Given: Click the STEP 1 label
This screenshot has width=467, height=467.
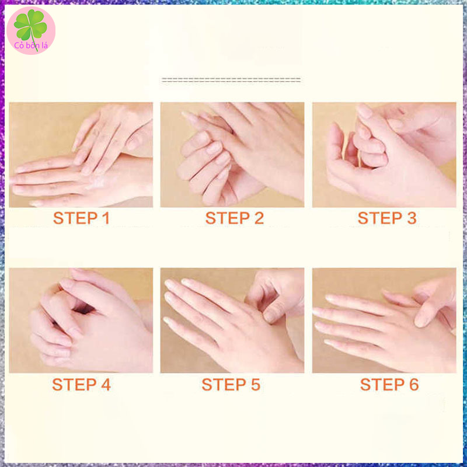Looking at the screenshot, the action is (x=81, y=218).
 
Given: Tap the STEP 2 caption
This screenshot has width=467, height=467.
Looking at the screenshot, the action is (x=235, y=218).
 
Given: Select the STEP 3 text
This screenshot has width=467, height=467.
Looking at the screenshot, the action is (x=387, y=218).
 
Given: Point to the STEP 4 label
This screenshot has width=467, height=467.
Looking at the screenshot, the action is (x=81, y=384).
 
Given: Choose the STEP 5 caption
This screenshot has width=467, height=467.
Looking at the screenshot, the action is (x=231, y=384).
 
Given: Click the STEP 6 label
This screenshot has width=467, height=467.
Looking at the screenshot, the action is (x=389, y=384).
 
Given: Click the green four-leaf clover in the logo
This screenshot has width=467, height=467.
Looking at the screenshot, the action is (x=30, y=25).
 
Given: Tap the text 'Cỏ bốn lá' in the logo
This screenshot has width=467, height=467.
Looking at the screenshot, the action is (x=31, y=46).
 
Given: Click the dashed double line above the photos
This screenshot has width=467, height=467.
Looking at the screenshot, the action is (x=231, y=80).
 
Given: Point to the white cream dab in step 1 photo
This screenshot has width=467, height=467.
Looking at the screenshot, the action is (x=97, y=182).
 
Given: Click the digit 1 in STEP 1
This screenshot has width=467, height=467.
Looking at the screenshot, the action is (x=106, y=218).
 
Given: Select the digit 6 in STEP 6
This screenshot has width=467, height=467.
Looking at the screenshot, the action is (x=414, y=384).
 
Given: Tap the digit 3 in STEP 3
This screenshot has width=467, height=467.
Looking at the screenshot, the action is (x=412, y=218).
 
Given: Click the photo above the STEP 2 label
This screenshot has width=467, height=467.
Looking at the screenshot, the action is (x=232, y=155).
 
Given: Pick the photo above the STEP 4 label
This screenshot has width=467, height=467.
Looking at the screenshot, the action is (x=81, y=320).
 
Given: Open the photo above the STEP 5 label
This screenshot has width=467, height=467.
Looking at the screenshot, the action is (x=232, y=320).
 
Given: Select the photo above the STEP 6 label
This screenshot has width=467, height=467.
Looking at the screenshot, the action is (x=384, y=320).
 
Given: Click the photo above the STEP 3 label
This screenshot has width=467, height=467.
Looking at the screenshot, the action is (x=384, y=155).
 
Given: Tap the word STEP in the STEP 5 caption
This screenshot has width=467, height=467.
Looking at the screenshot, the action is (x=224, y=384).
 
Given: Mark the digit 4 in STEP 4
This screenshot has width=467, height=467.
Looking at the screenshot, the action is (x=106, y=384).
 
